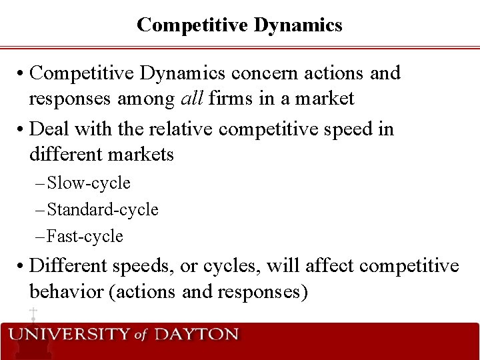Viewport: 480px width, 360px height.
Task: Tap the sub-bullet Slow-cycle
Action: pos(89,183)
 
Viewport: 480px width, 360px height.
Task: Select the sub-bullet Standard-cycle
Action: pos(103,209)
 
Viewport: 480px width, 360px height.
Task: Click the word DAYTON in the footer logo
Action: pos(196,334)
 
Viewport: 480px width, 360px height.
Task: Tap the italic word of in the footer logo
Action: pos(140,335)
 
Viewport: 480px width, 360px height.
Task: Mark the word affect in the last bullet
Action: pos(330,265)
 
